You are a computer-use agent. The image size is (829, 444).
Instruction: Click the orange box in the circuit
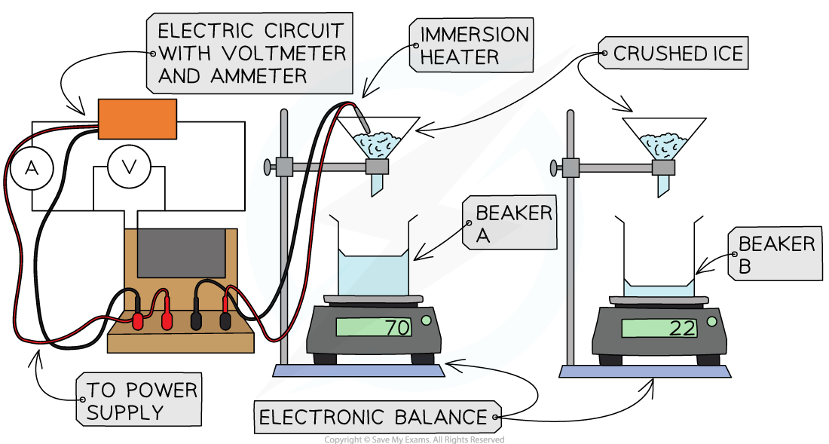tap(137, 119)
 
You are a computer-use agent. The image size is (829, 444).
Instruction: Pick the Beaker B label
tap(775, 255)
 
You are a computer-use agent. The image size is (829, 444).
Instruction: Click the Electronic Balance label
tap(372, 417)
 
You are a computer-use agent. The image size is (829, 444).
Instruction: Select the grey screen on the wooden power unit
tap(181, 254)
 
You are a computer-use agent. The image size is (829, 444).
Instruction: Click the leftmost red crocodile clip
tap(138, 320)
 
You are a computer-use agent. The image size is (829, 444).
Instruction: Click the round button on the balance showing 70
tap(426, 321)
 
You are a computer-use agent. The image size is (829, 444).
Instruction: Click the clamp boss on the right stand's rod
tap(571, 167)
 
